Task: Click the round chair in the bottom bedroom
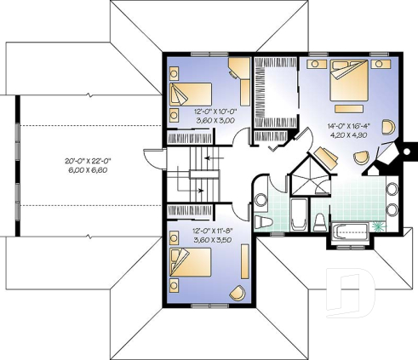tap(238, 292)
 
